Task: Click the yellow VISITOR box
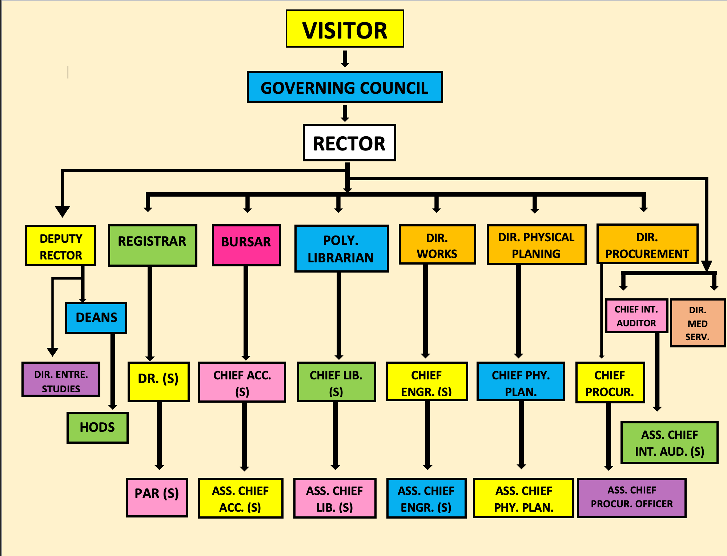tap(345, 29)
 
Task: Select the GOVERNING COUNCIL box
tap(345, 87)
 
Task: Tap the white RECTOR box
tap(349, 143)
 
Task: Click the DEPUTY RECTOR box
tap(61, 246)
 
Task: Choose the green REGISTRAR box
tap(152, 245)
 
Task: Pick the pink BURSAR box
tap(246, 245)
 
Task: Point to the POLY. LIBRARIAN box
tap(341, 249)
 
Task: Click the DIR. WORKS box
tap(437, 245)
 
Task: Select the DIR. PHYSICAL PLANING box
tap(536, 245)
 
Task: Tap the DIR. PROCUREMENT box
tap(647, 244)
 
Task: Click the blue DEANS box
tap(96, 318)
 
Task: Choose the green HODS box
tap(97, 427)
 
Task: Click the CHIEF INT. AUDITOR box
tap(636, 316)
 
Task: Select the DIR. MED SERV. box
tap(698, 323)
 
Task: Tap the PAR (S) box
tap(157, 497)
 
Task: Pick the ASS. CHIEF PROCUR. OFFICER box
tap(632, 497)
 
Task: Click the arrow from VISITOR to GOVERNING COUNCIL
tap(345, 59)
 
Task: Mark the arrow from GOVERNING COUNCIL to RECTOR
tap(345, 113)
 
